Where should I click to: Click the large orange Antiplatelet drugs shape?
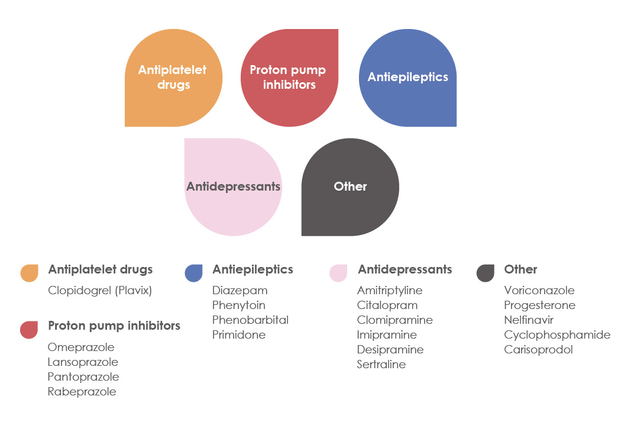coord(173,78)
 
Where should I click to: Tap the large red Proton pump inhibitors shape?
coord(289,78)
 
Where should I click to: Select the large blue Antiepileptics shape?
coord(407,78)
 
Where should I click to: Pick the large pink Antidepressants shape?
coord(233,187)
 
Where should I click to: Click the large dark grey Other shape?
coord(350,187)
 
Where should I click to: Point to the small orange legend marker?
coord(30,273)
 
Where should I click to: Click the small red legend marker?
coord(29,330)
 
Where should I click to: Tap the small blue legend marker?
coord(193,273)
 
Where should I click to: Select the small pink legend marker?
coord(338,273)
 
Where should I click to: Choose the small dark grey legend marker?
coord(486,273)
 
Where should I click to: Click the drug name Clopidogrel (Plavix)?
coord(100,291)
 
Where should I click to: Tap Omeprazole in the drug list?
coord(81,347)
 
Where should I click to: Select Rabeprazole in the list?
coord(82,392)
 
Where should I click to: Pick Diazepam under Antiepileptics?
coord(240,291)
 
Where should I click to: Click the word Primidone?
coord(239,335)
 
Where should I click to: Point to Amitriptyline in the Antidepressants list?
coord(390,291)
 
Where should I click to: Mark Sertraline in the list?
coord(381,364)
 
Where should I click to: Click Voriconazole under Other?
coord(539,291)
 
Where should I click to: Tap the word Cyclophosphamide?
coord(557,335)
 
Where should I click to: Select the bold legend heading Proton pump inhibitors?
coord(114,326)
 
